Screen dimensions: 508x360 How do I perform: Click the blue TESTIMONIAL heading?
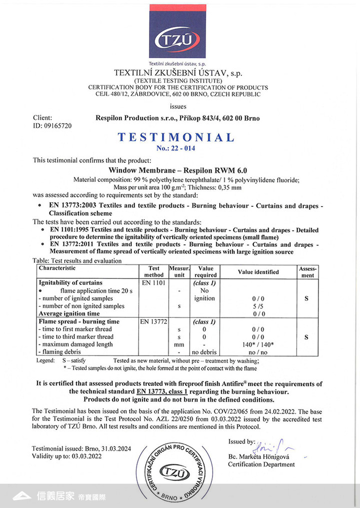(176, 137)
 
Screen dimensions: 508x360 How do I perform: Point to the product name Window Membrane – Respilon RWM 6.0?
(178, 170)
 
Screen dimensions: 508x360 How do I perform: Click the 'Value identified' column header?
(258, 272)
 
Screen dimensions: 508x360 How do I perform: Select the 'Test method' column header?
(153, 272)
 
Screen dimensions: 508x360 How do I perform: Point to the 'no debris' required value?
(204, 352)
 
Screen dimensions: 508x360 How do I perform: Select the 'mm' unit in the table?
(179, 345)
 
